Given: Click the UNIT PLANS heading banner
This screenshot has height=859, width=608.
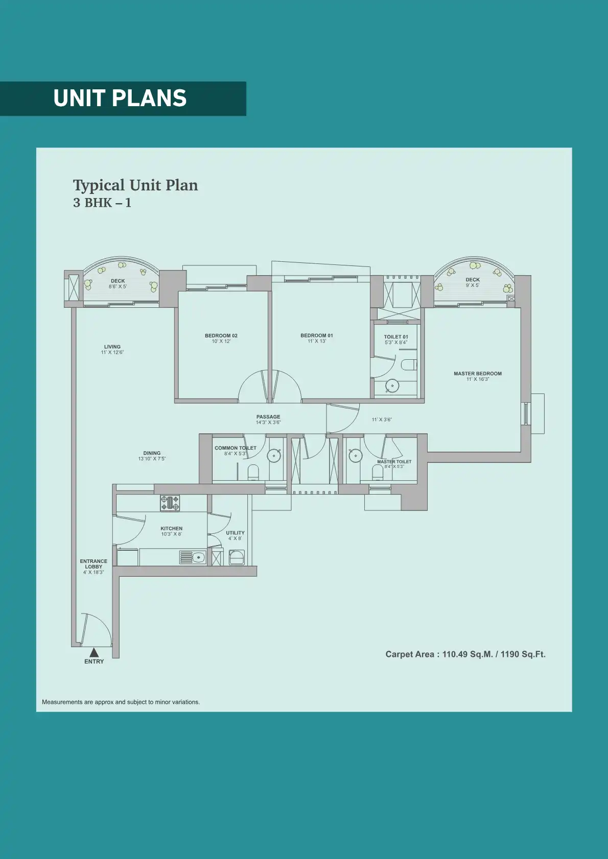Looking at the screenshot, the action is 123,99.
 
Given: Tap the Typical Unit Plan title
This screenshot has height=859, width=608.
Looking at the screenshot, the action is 135,185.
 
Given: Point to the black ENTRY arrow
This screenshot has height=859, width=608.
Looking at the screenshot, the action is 94,652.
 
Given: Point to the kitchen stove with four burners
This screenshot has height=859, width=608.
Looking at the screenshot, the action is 170,503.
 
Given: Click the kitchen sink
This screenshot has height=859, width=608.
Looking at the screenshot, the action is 193,557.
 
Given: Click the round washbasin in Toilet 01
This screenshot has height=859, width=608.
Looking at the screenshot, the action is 392,386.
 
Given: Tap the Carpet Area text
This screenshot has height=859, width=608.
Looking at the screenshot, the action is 465,654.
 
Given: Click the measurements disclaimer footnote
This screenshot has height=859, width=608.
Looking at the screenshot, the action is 121,702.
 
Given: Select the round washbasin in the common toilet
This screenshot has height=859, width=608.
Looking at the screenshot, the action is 274,456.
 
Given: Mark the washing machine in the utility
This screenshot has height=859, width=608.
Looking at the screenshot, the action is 237,557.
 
